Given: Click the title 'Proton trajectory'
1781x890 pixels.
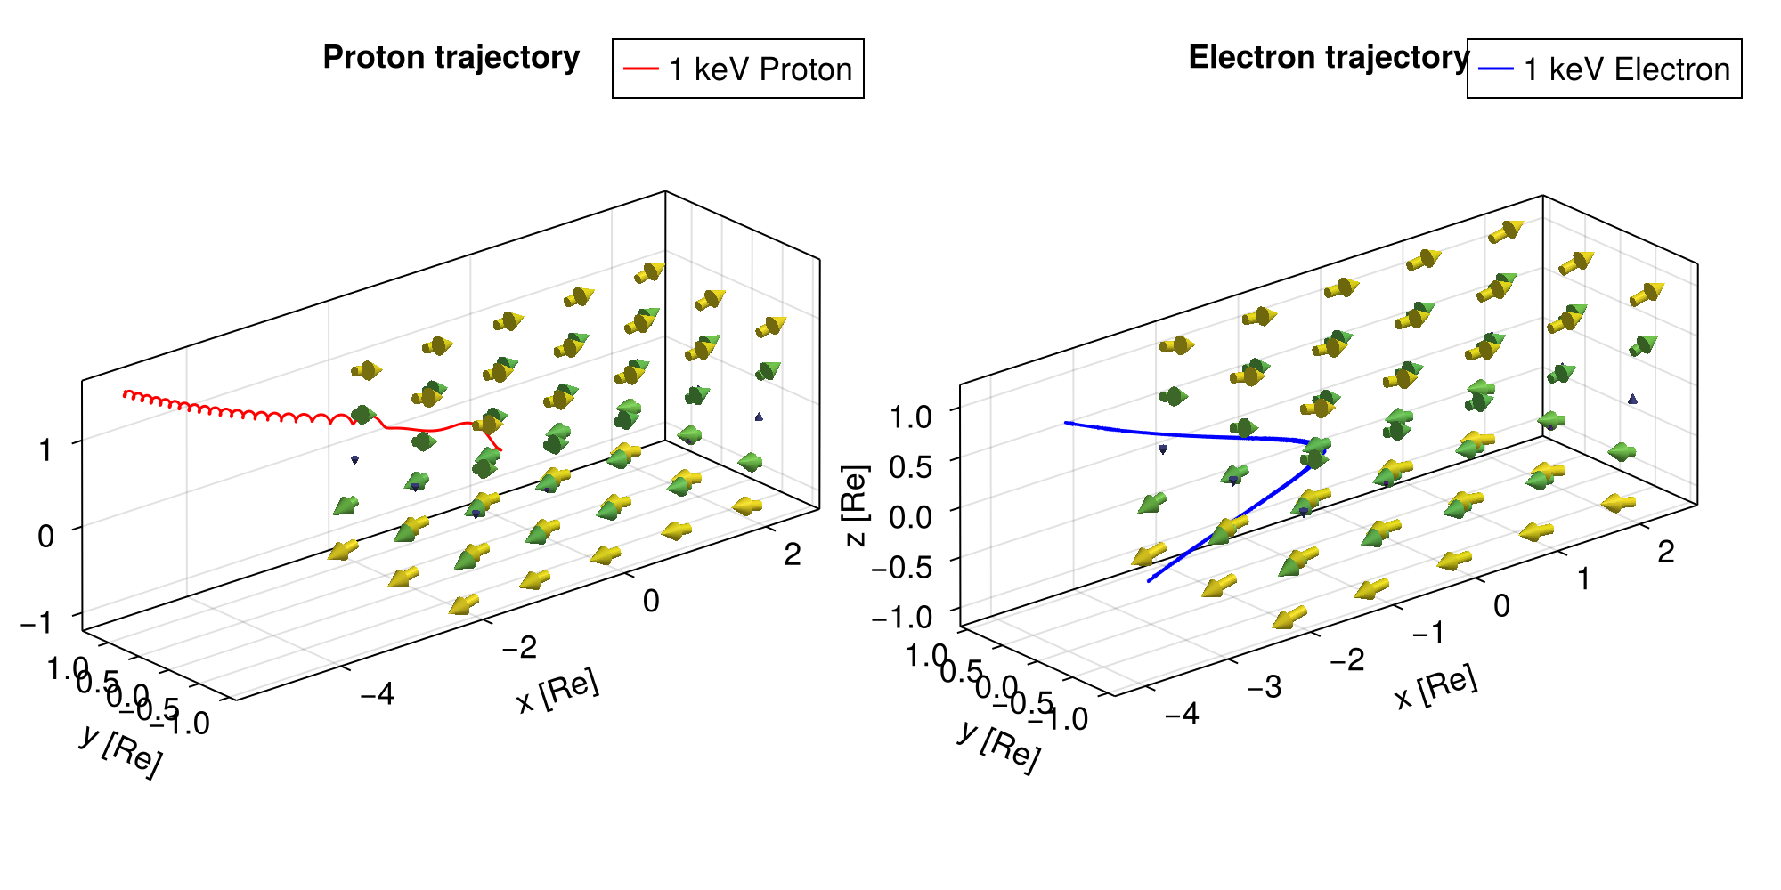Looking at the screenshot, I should click(x=451, y=57).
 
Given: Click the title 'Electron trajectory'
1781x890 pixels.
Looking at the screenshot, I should click(x=1329, y=57).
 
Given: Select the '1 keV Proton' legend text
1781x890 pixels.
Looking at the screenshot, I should click(x=760, y=69).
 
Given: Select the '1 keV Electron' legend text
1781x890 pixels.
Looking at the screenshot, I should click(x=1627, y=69).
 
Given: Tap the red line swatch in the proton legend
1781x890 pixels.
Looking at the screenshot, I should click(x=640, y=69).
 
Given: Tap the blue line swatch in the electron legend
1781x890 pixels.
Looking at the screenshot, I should click(x=1496, y=69).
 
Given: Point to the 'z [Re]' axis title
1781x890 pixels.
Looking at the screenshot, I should click(x=855, y=505).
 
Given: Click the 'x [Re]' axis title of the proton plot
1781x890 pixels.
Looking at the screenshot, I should click(x=558, y=692).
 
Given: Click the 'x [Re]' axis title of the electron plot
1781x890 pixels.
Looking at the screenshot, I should click(x=1435, y=688).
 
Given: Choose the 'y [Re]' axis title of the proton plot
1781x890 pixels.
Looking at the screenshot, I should click(x=121, y=750).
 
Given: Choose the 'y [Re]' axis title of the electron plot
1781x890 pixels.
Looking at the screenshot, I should click(x=999, y=746).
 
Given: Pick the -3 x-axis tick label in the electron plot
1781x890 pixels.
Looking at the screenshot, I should click(x=1264, y=686).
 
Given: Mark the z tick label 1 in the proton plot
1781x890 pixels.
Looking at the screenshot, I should click(x=45, y=449).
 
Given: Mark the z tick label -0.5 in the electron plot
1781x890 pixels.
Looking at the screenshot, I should click(x=902, y=567).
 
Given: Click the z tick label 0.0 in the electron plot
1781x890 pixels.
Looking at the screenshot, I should click(x=910, y=516).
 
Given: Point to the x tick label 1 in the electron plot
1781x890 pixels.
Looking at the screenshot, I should click(x=1583, y=579).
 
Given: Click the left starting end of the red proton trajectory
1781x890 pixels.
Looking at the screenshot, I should click(x=125, y=392).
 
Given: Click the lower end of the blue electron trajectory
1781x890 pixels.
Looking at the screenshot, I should click(x=1149, y=581).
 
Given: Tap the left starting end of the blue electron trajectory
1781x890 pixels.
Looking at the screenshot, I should click(x=1066, y=423).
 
